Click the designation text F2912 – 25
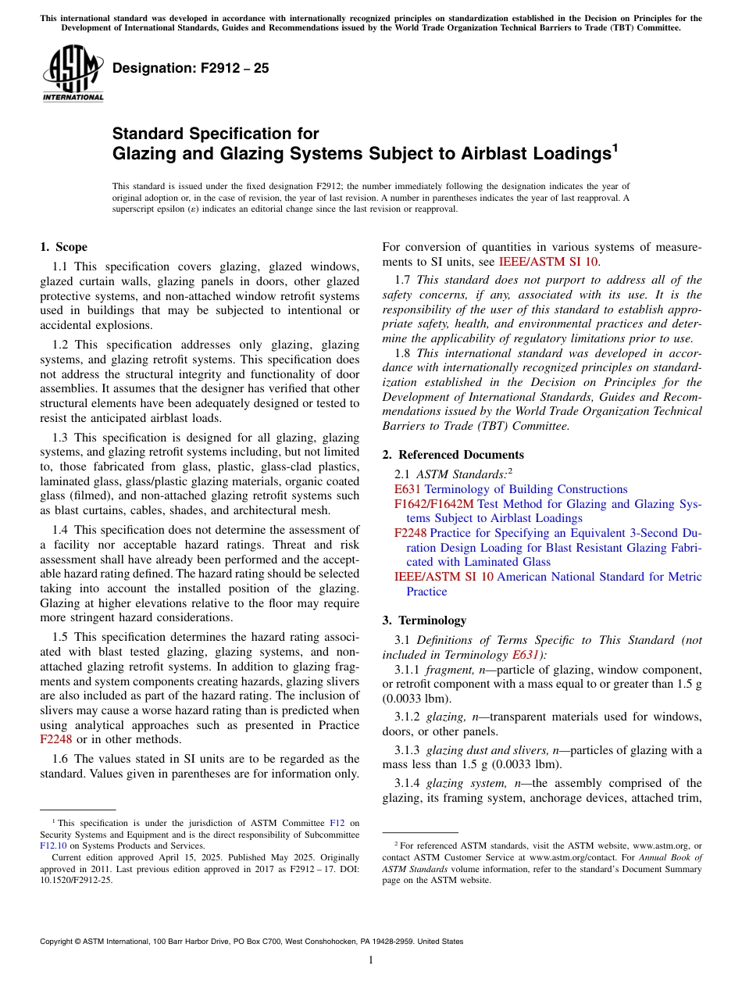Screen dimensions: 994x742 click(x=191, y=68)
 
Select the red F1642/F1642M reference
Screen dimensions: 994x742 click(x=434, y=504)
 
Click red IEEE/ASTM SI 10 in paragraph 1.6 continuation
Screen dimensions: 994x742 click(x=548, y=262)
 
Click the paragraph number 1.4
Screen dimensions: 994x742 click(x=61, y=530)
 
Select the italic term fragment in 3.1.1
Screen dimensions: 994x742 click(x=449, y=670)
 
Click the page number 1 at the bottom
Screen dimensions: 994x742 click(x=371, y=960)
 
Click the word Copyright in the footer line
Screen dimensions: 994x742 click(x=60, y=942)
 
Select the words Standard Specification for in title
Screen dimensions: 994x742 click(x=216, y=134)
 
